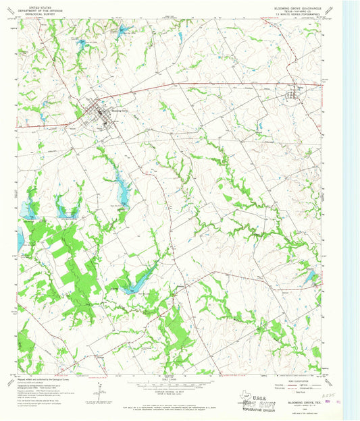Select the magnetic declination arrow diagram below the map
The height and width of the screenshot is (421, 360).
(x=100, y=390)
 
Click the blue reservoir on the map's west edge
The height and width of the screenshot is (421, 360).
(x=20, y=236)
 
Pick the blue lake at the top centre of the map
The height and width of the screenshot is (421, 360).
(x=124, y=30)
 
